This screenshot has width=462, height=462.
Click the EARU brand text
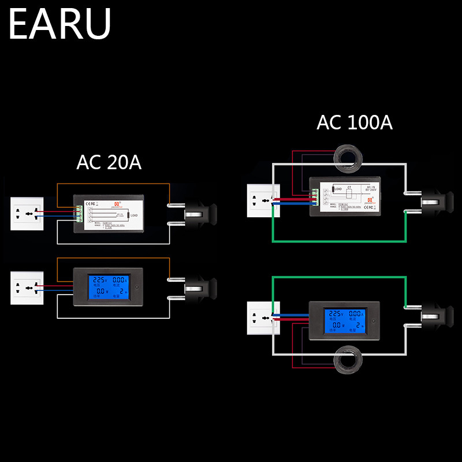[59, 24]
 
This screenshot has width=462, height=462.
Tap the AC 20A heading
[109, 163]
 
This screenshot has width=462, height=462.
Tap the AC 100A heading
[355, 122]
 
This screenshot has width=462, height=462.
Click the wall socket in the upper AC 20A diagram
[27, 213]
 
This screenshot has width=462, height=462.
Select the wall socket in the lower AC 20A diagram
[27, 288]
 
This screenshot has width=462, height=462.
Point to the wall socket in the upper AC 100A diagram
[263, 200]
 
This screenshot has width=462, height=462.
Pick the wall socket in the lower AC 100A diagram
[263, 318]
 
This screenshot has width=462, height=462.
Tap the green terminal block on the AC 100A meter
[315, 196]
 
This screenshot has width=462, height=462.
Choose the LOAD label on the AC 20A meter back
[135, 215]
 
